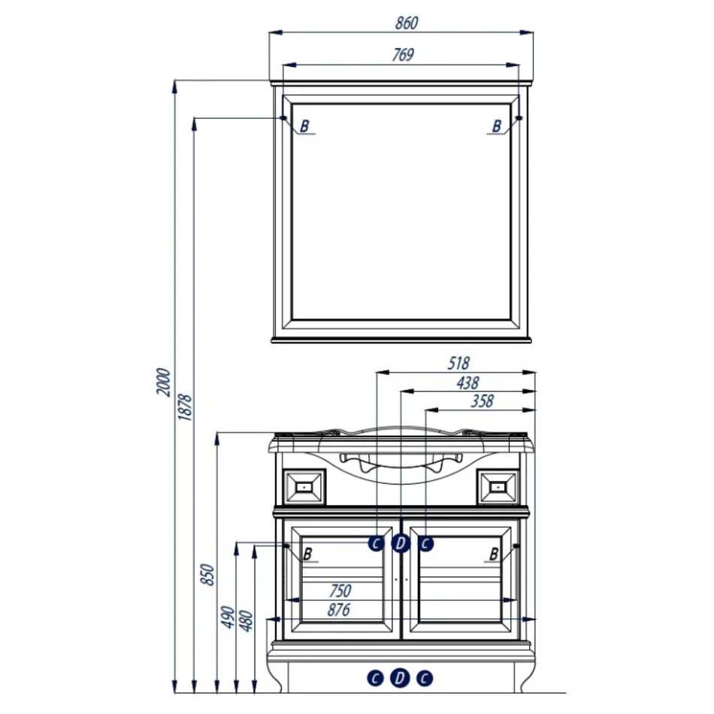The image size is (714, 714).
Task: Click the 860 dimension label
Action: click(406, 23)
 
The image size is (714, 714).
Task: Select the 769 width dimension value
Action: click(403, 55)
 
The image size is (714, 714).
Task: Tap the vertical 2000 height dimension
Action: click(162, 382)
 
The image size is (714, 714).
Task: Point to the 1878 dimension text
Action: click(184, 407)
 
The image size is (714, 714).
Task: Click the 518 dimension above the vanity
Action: click(458, 363)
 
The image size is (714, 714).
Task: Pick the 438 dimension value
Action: click(467, 383)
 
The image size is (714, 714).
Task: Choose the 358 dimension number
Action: click(482, 401)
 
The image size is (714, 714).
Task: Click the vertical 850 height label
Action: click(207, 575)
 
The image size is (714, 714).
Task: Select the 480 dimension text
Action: click(246, 621)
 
